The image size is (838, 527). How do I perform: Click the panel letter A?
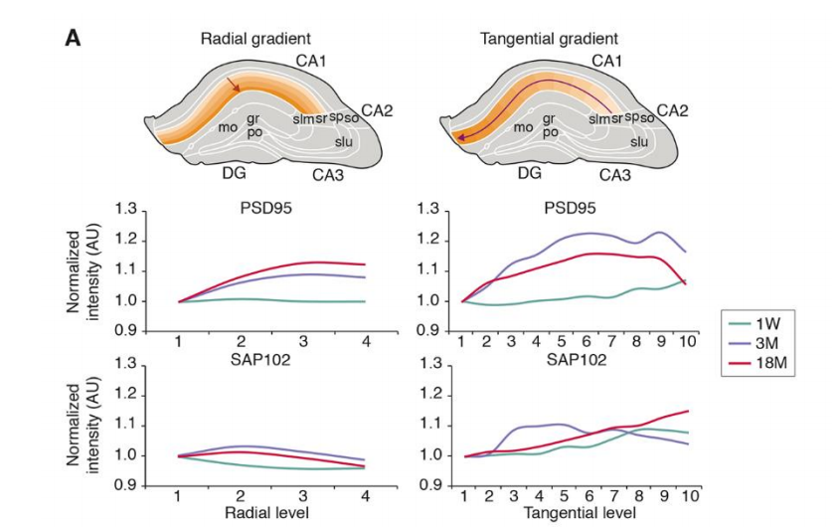point(73,38)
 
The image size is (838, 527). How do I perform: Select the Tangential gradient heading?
point(549,39)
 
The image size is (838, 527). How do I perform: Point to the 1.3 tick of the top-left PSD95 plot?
point(126,210)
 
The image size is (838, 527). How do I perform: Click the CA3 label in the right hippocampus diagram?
point(619,175)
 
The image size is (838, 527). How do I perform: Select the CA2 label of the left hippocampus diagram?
point(377,109)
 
